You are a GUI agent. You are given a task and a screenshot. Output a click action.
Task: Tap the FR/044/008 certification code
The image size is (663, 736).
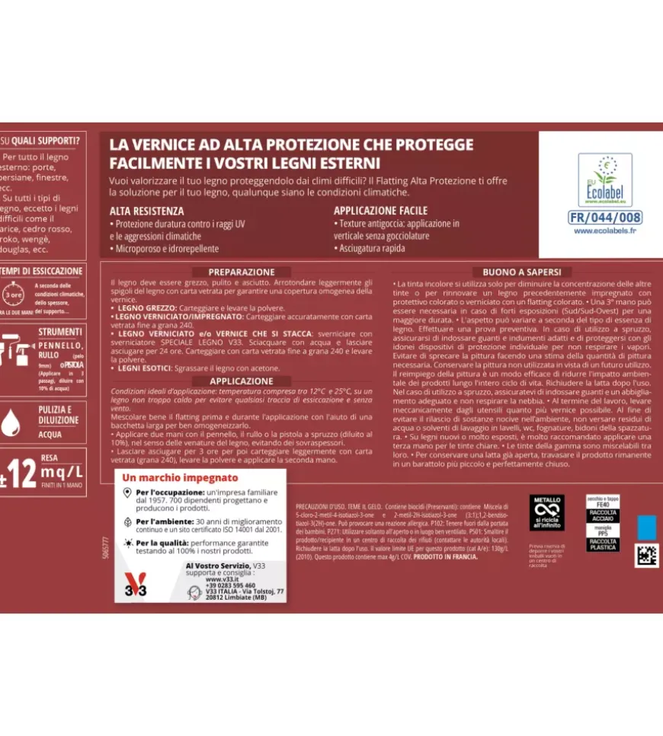[605, 218]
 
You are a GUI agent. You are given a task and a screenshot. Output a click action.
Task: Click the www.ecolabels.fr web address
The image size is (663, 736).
[605, 231]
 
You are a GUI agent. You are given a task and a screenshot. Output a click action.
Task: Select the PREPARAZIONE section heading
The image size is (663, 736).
[242, 272]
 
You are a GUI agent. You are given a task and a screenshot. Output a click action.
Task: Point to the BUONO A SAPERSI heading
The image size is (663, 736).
[522, 272]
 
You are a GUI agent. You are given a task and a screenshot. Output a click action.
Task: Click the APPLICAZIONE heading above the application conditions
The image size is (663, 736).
[242, 381]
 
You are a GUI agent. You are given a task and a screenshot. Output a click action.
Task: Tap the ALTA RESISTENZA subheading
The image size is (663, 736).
[146, 211]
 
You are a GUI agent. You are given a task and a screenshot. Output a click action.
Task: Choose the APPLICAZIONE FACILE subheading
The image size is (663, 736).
[380, 211]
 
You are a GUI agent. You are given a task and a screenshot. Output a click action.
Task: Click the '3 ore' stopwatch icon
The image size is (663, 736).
[13, 294]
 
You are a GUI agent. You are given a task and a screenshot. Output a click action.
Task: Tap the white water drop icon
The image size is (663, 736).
[11, 421]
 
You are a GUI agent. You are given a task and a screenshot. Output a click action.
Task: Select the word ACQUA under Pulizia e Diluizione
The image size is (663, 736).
[50, 435]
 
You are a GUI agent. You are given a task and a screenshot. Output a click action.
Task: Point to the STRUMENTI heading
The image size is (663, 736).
[60, 332]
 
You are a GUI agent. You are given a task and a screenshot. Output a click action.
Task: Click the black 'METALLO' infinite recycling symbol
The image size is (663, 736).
[546, 513]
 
